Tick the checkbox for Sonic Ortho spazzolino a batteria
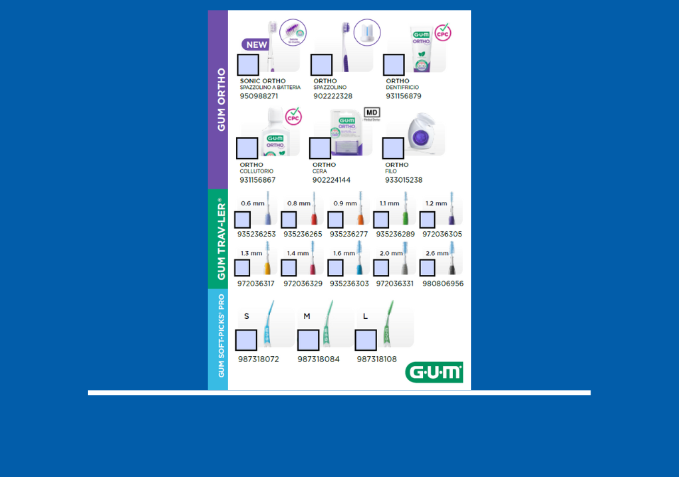[248, 65]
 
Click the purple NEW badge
[255, 45]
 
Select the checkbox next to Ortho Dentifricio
[394, 65]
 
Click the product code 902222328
[333, 96]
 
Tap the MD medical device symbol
[372, 113]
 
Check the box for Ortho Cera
[320, 148]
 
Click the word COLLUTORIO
[257, 171]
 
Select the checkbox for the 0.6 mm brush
[243, 220]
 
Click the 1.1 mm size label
[389, 203]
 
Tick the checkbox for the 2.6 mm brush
[427, 268]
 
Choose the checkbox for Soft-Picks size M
[308, 340]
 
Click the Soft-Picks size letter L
[365, 316]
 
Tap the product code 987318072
[259, 359]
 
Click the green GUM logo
[434, 372]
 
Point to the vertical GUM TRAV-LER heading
[221, 238]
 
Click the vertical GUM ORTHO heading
[221, 99]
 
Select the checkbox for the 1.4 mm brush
[289, 268]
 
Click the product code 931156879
[404, 96]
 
